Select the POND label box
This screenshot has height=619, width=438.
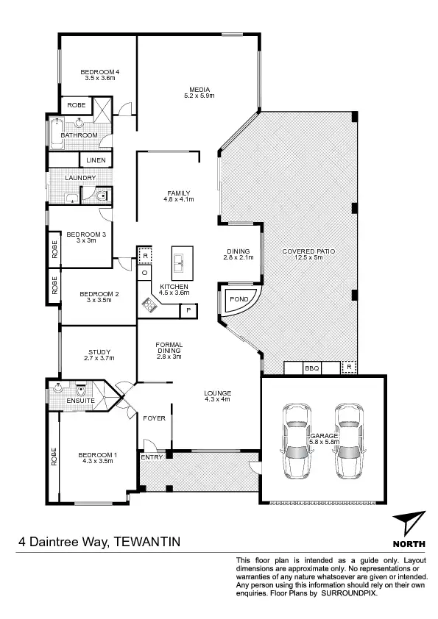pyautogui.click(x=240, y=300)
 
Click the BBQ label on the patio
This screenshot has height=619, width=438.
pyautogui.click(x=311, y=368)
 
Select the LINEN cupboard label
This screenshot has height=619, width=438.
pyautogui.click(x=96, y=160)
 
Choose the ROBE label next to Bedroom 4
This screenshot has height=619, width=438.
pyautogui.click(x=76, y=105)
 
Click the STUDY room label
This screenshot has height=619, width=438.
pyautogui.click(x=99, y=352)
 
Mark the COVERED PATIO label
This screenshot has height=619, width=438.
pyautogui.click(x=308, y=251)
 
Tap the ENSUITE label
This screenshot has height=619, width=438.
pyautogui.click(x=79, y=401)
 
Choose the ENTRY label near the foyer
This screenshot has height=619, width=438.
pyautogui.click(x=151, y=457)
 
